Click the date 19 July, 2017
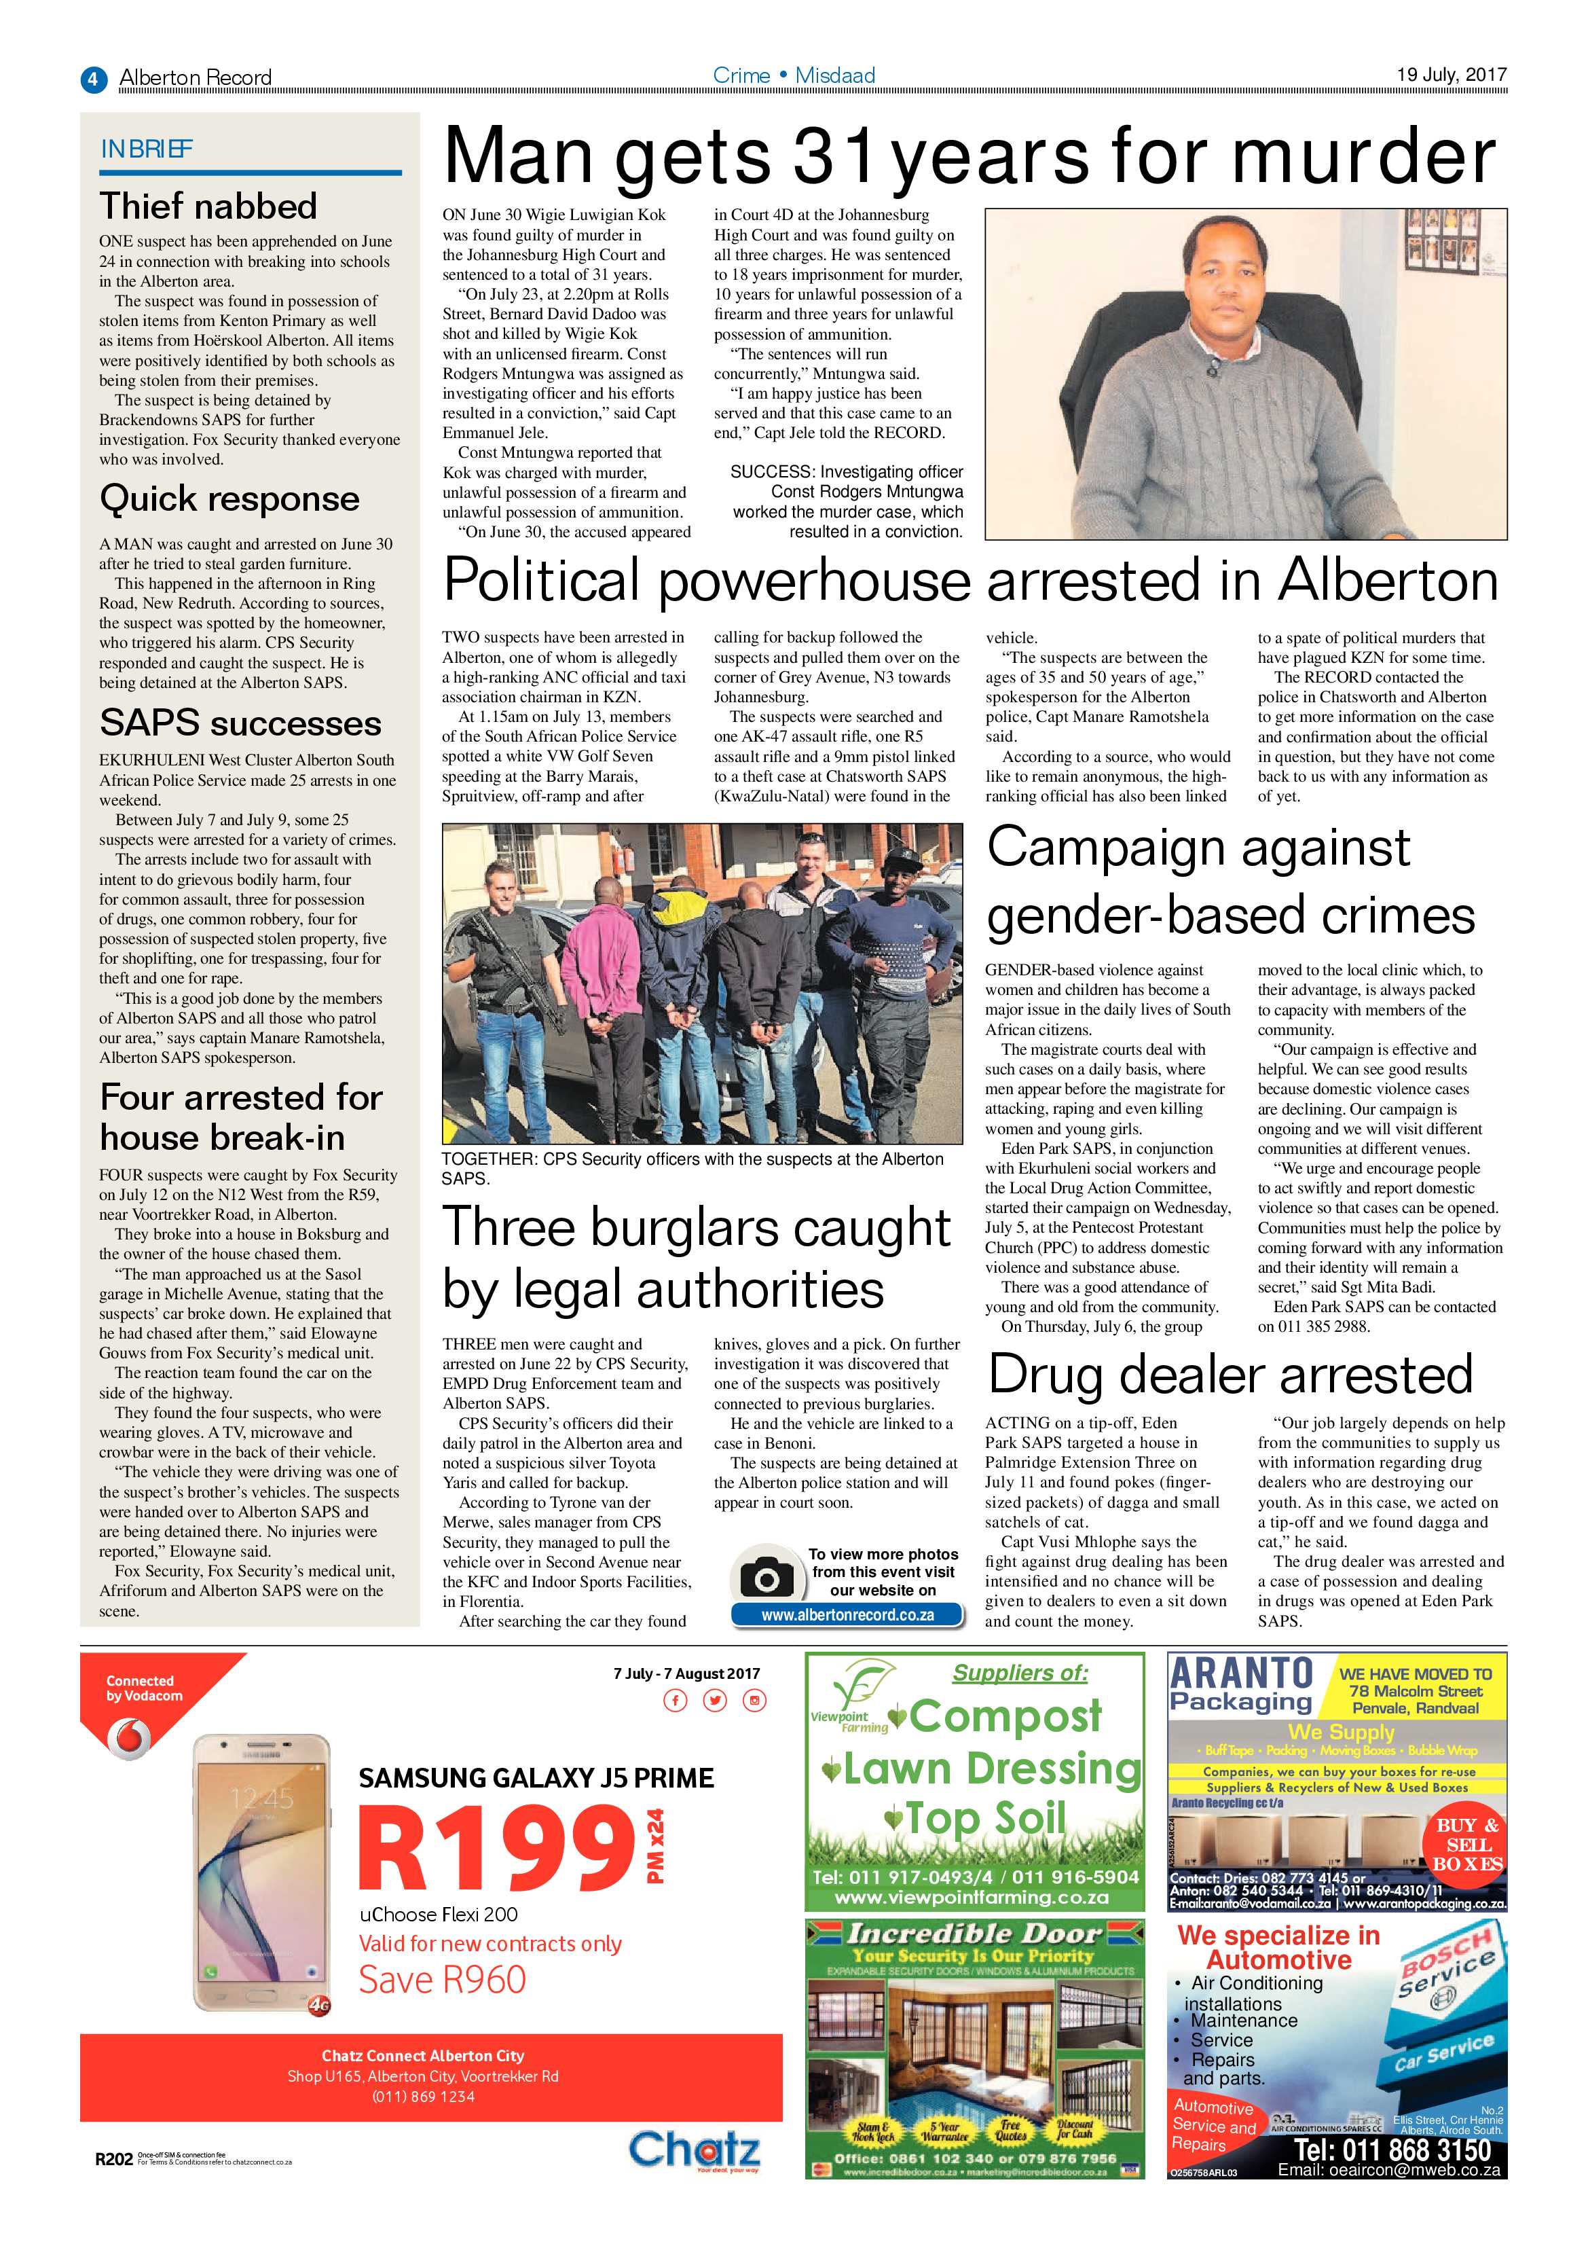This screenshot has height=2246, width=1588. [1451, 74]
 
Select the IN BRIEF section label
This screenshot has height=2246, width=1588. [147, 149]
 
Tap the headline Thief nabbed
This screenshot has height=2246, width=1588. [208, 206]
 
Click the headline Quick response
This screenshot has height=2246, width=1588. [229, 499]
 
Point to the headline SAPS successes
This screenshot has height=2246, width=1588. [240, 723]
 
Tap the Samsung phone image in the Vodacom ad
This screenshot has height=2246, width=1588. [262, 1880]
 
